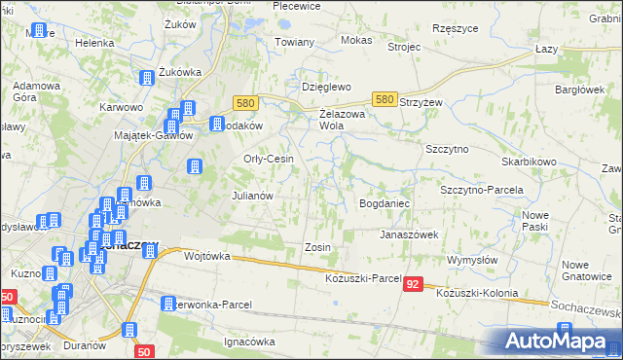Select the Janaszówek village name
tap(409, 234)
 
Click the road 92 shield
tap(414, 284)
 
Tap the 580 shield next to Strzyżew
tap(385, 100)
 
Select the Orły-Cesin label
tap(268, 160)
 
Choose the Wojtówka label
tap(206, 256)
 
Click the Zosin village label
tap(318, 247)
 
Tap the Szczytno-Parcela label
tap(482, 190)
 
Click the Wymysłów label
tap(472, 261)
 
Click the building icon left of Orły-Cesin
tap(194, 167)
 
